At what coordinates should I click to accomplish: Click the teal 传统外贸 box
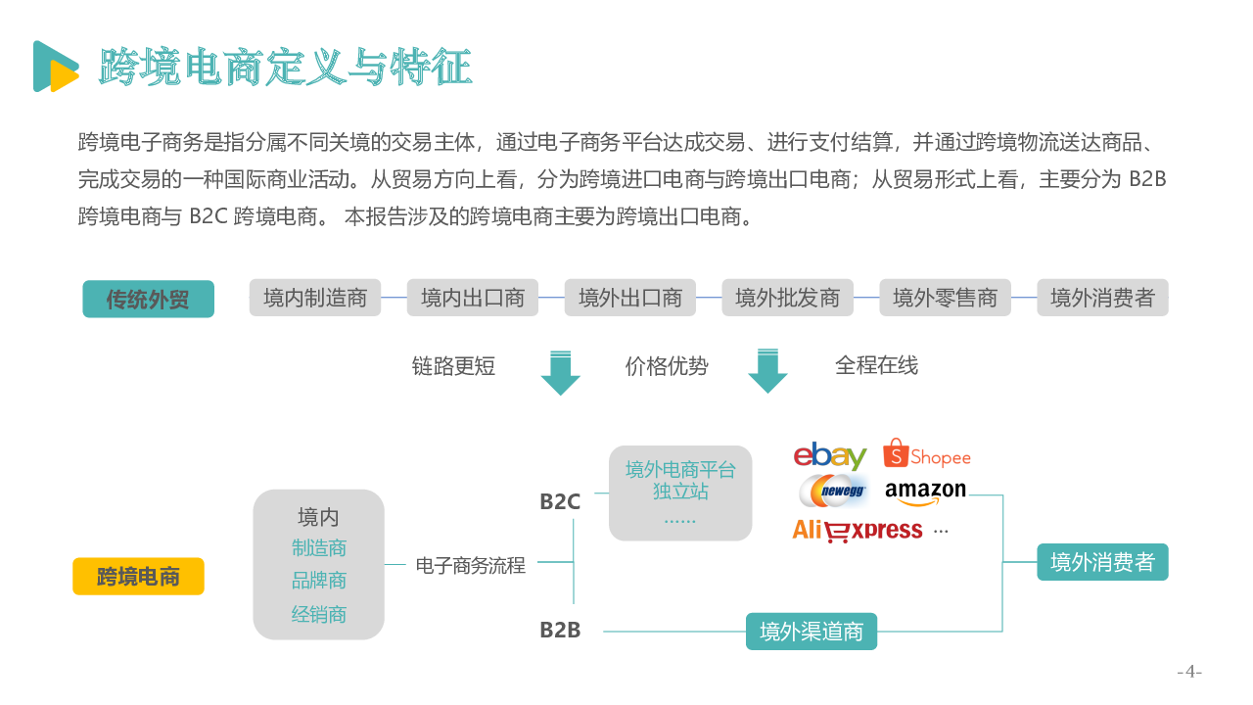point(148,299)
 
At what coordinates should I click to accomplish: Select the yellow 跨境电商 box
point(138,576)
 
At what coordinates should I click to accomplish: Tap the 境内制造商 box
point(315,298)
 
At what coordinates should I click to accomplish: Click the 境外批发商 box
point(787,298)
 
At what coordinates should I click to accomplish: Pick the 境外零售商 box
point(945,298)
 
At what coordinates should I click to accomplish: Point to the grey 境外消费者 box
point(1102,298)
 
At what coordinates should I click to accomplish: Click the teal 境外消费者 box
point(1102,562)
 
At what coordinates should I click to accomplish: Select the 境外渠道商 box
point(812,632)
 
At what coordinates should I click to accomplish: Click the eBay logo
point(830,456)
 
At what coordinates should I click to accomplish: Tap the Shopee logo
point(927,453)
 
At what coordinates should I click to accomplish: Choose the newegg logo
point(833,491)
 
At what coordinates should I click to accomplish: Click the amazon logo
point(925,493)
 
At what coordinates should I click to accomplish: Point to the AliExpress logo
point(857,531)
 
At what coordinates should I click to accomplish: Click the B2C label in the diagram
point(560,502)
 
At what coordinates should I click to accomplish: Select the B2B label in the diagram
point(560,630)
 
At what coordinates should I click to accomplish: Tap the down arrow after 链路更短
point(561,373)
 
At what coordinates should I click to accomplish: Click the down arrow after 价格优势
point(768,371)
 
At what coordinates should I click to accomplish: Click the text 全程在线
point(876,365)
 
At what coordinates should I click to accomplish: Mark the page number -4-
point(1189,671)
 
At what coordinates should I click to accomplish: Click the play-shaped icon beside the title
point(56,66)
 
